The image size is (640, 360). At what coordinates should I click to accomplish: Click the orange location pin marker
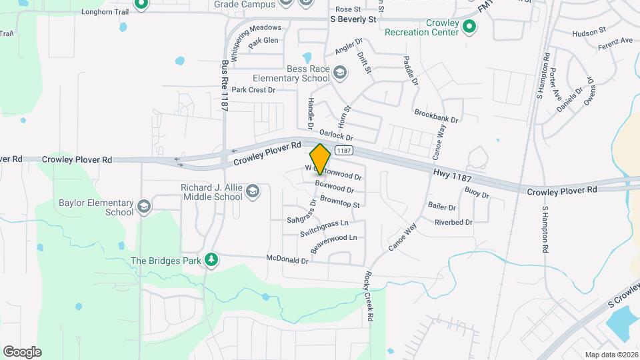pos(321,159)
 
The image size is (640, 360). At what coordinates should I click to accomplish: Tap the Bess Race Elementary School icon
pos(340,72)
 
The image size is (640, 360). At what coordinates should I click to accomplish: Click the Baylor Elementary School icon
pos(143,207)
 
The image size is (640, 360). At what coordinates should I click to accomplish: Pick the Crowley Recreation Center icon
pos(469,27)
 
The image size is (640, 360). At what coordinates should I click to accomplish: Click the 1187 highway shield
pos(343,151)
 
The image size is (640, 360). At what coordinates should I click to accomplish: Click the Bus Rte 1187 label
pos(225,87)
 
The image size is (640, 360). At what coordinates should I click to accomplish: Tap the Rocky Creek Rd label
pos(367,297)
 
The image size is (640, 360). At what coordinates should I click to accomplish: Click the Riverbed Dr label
pos(453,222)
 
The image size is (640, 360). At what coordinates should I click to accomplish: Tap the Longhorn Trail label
pos(103,11)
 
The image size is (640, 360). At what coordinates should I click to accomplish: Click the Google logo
pos(22,351)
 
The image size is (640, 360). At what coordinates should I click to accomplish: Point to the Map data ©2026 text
pos(611,355)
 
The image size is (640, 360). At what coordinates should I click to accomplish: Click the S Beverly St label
pos(353,20)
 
